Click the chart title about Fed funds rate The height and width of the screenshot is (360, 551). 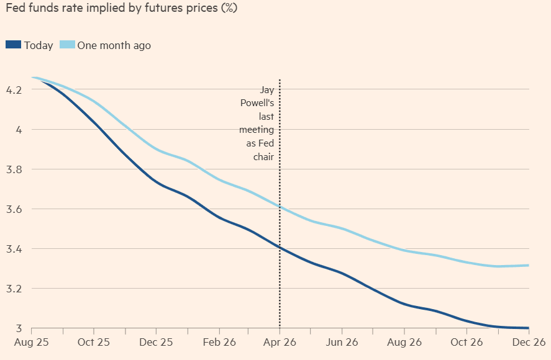tap(121, 9)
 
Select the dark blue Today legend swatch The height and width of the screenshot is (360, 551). tap(13, 45)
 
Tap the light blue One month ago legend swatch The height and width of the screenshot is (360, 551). tap(67, 45)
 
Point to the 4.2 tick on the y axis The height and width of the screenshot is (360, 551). tap(14, 90)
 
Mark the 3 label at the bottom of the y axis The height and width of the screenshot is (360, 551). tap(19, 328)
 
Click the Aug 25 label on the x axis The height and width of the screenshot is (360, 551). tap(31, 342)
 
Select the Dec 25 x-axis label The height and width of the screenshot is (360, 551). tap(155, 342)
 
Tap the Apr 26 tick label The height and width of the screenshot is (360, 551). tap(280, 342)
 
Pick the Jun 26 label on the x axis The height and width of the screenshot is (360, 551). tap(342, 342)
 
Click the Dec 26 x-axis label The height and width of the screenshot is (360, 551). tap(528, 342)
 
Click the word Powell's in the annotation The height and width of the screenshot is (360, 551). tap(257, 103)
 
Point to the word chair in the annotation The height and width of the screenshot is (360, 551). tap(263, 156)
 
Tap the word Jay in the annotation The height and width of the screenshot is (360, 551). tap(266, 90)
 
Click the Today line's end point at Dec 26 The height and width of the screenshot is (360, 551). tap(528, 328)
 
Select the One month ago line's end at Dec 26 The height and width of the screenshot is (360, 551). tap(528, 265)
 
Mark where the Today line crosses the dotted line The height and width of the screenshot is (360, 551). tap(280, 248)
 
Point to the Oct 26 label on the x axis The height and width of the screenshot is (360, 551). tap(466, 342)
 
